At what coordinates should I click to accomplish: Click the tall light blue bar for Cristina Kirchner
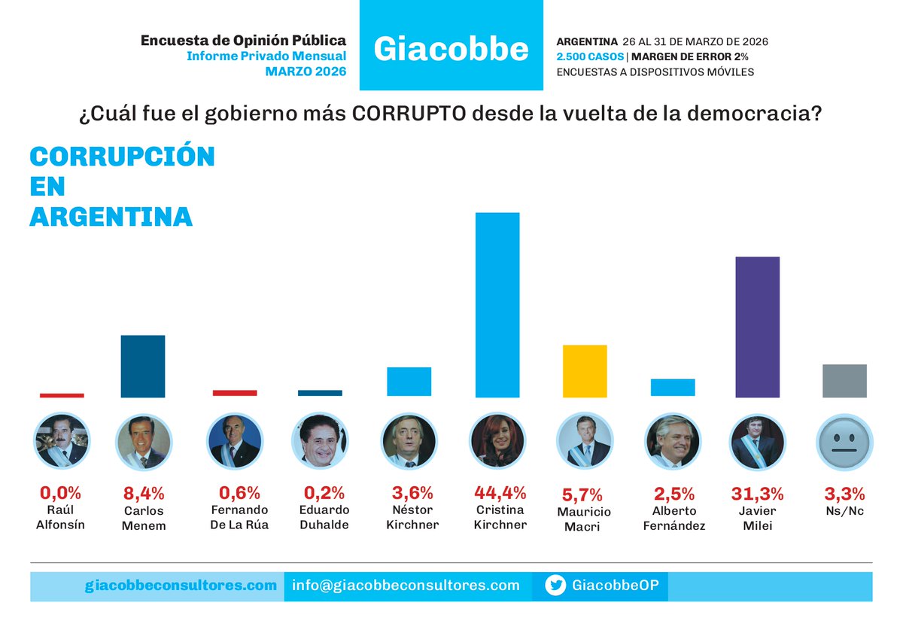(x=497, y=305)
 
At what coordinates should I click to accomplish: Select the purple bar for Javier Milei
(x=757, y=327)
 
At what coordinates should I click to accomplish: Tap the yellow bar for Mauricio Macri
(x=585, y=371)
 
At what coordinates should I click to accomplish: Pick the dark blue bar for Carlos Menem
(x=143, y=367)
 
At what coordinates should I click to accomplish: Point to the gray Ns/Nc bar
(x=844, y=381)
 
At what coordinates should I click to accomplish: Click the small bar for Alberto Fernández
(x=673, y=388)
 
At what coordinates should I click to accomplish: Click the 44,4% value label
(x=500, y=494)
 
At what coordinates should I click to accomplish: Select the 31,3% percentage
(x=757, y=494)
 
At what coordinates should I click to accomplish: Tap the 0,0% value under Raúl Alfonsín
(x=60, y=494)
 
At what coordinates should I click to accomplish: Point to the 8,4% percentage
(x=144, y=494)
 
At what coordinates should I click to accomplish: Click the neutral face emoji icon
(x=844, y=442)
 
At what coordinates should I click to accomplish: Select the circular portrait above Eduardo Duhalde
(x=320, y=442)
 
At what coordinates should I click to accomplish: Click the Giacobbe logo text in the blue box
(x=451, y=49)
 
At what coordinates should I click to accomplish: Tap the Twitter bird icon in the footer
(x=555, y=586)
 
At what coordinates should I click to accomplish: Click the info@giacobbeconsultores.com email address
(x=406, y=586)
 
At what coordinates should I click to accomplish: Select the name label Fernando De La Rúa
(x=239, y=518)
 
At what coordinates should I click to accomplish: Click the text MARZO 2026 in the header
(x=306, y=72)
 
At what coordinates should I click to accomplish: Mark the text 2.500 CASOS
(x=589, y=56)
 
